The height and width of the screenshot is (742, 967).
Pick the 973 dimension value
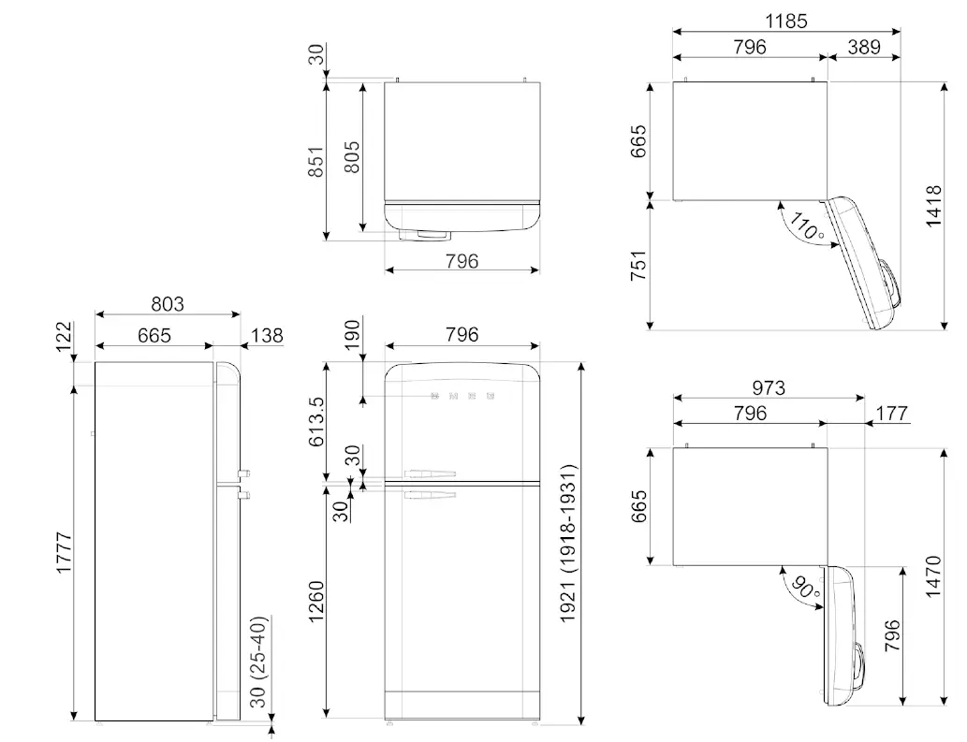pyautogui.click(x=768, y=386)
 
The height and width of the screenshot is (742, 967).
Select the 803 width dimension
pyautogui.click(x=168, y=304)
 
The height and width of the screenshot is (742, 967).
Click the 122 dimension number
pyautogui.click(x=65, y=337)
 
